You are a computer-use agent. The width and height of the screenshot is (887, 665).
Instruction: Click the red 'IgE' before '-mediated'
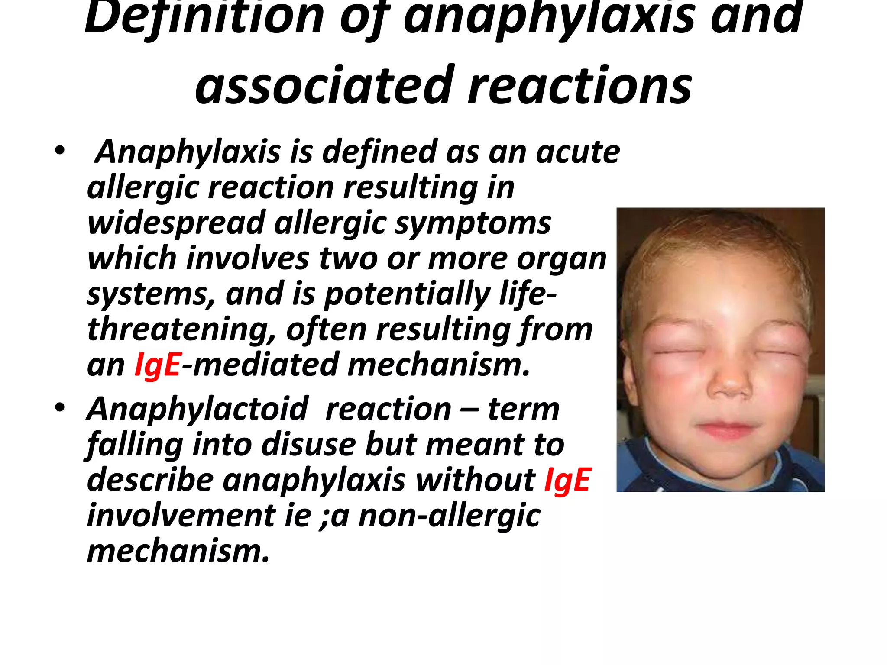pyautogui.click(x=157, y=365)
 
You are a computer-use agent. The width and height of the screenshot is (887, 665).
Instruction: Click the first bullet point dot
pyautogui.click(x=59, y=151)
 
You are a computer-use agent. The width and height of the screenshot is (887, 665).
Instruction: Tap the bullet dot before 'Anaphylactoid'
pyautogui.click(x=59, y=408)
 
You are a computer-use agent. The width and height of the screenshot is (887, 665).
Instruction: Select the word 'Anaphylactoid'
pyautogui.click(x=197, y=409)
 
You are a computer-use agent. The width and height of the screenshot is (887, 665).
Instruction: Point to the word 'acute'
pyautogui.click(x=578, y=152)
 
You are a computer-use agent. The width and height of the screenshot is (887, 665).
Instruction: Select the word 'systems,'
pyautogui.click(x=151, y=294)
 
